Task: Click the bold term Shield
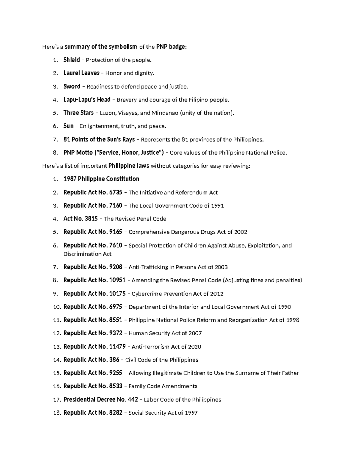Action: coord(71,60)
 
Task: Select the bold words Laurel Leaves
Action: coord(81,73)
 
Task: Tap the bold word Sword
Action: coord(72,86)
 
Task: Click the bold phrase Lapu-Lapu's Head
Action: coord(87,100)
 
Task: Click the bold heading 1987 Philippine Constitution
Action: coord(101,179)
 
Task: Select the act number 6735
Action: coord(116,192)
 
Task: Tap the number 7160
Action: coord(116,206)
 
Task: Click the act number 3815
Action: coord(91,219)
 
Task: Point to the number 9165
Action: coord(116,232)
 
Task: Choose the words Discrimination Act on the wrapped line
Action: coord(87,254)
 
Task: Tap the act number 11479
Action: coord(117,347)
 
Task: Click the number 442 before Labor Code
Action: coord(133,400)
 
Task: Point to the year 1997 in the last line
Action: coord(191,413)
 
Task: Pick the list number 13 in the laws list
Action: coord(56,347)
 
